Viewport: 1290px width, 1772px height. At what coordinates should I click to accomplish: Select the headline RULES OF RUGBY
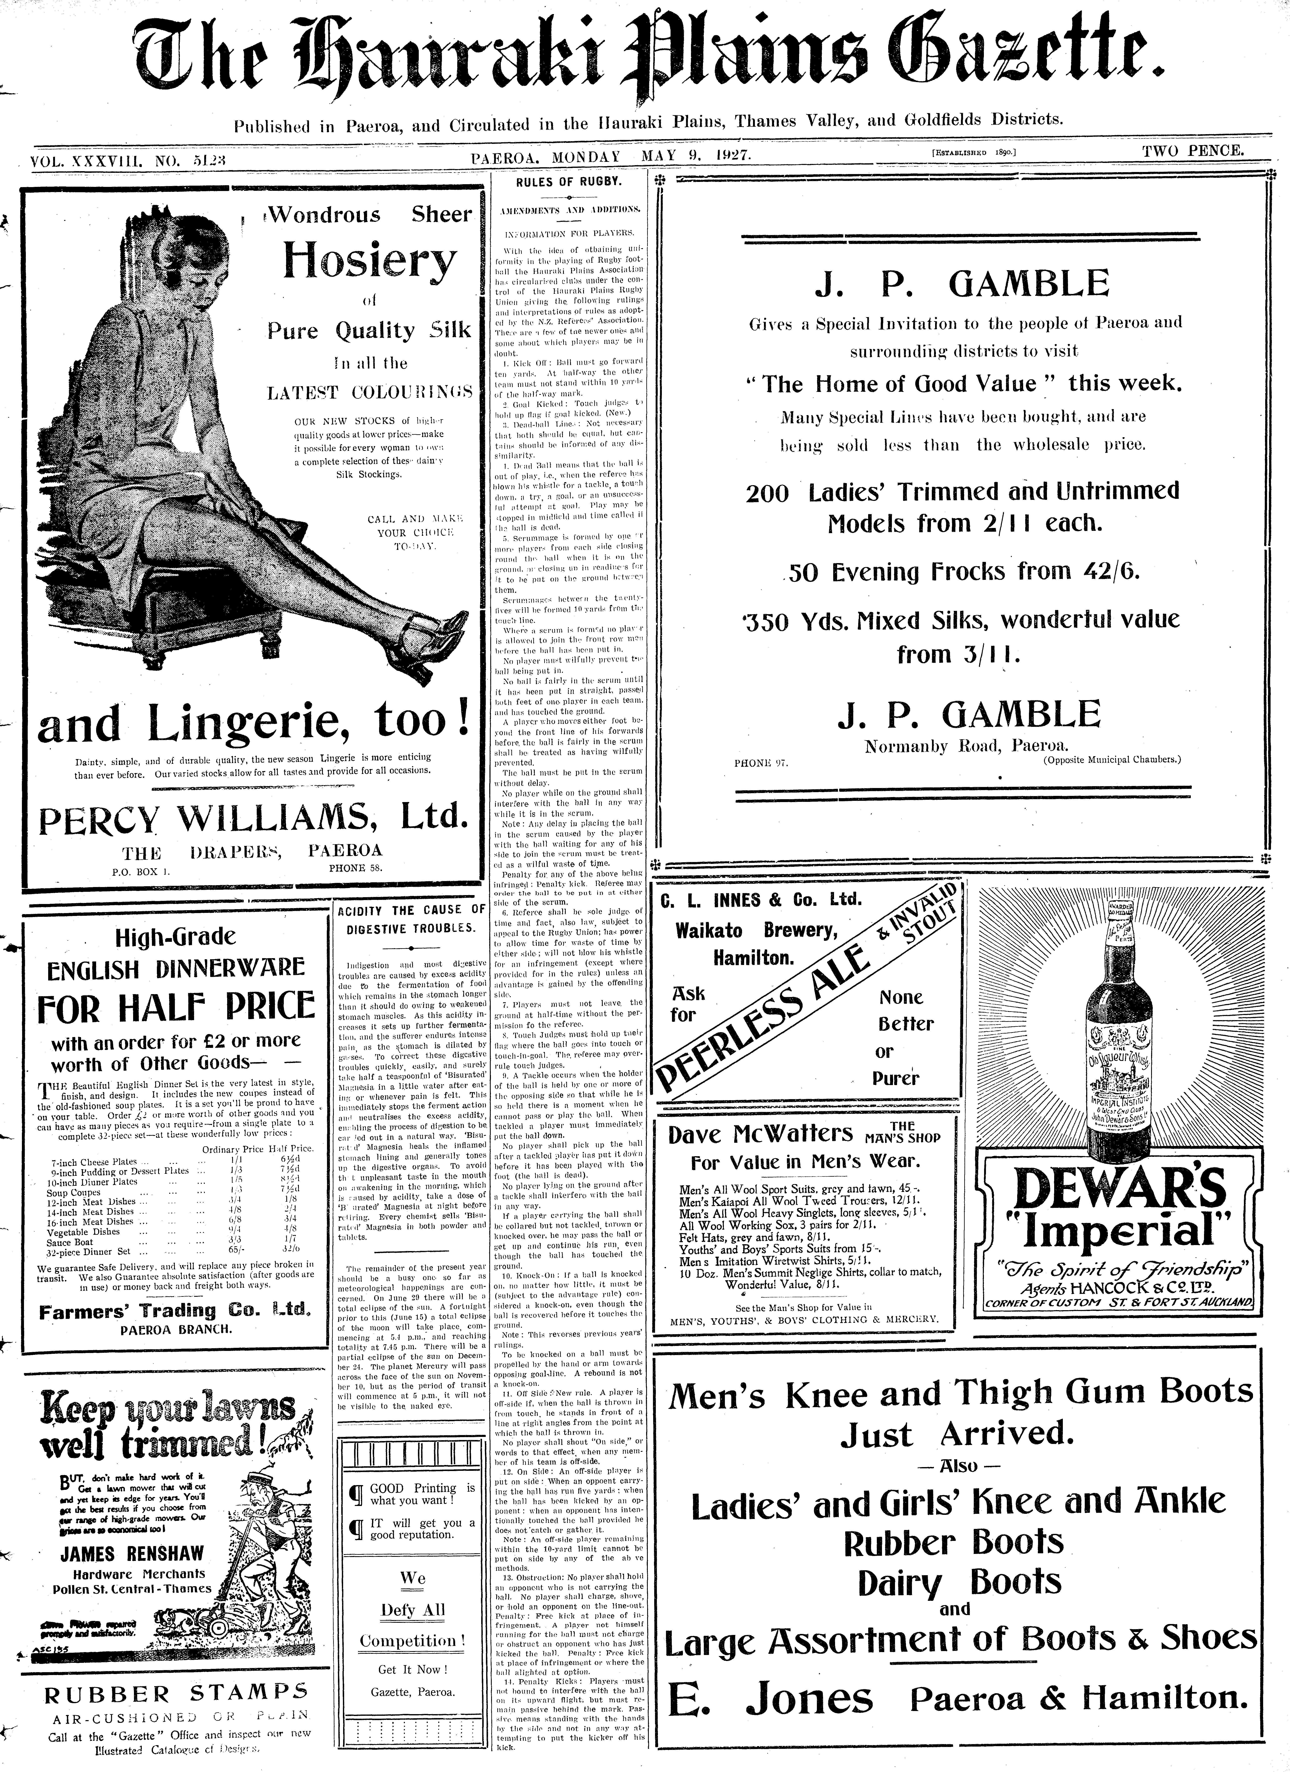[x=569, y=182]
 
